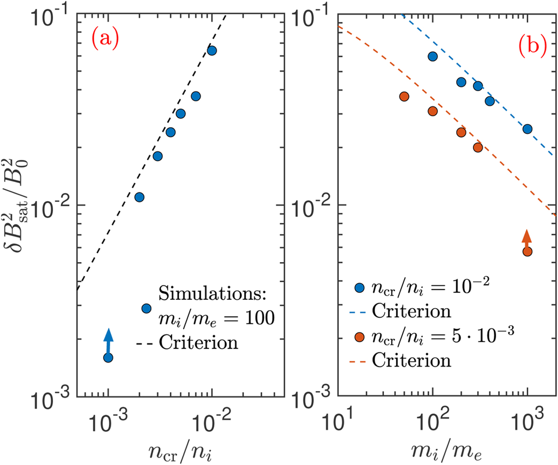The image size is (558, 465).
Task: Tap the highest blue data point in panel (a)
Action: click(212, 50)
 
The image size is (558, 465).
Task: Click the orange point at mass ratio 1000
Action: click(527, 251)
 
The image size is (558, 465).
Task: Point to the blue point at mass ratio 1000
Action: click(527, 129)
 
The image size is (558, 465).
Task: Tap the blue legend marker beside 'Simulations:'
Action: click(146, 308)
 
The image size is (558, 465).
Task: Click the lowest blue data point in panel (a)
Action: click(108, 357)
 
